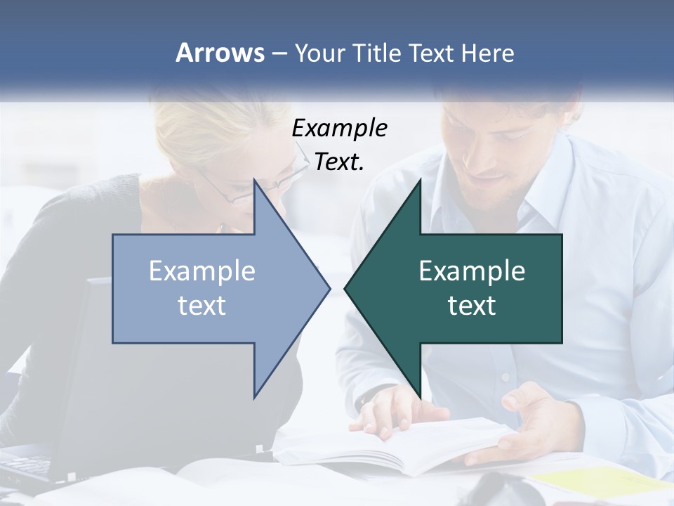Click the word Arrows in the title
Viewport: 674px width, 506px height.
coord(220,53)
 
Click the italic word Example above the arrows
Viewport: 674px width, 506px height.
coord(339,129)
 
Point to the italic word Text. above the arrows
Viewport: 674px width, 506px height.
coord(339,162)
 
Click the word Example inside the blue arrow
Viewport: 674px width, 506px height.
coord(202,271)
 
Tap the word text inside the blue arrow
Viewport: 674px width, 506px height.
coord(202,306)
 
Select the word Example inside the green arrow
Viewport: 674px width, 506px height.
coord(472,271)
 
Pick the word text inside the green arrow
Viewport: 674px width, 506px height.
coord(472,306)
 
